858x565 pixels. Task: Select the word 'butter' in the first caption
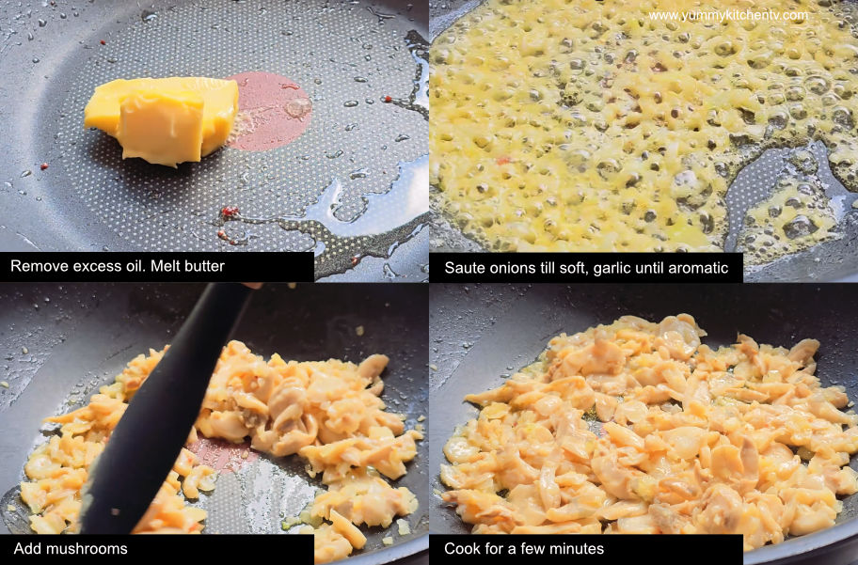(x=202, y=267)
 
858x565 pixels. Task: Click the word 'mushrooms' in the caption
(x=86, y=549)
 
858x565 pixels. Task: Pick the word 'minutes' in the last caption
(x=576, y=549)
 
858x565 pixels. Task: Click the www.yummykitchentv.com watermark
(x=727, y=16)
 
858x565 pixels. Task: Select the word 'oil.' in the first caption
(x=133, y=267)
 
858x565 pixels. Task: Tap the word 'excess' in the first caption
(x=91, y=267)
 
